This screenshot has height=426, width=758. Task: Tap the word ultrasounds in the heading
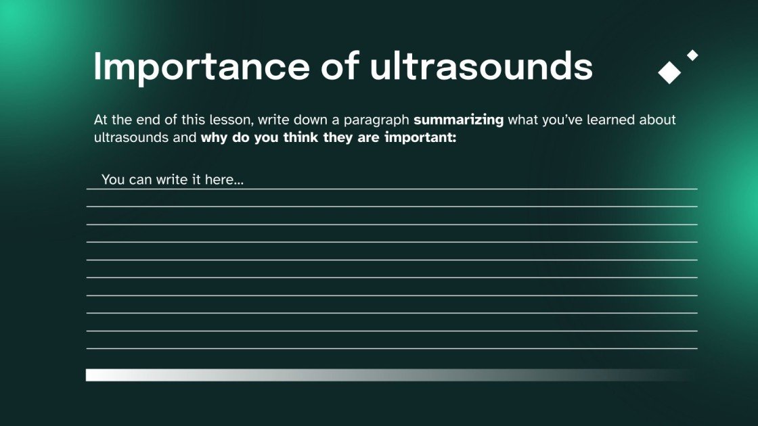(481, 66)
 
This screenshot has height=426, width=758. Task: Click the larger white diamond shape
(669, 72)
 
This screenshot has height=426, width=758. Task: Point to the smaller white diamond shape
(692, 55)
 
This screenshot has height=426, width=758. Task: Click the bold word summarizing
(458, 120)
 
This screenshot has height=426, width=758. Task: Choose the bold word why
(215, 137)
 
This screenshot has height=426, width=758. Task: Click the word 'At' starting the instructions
(101, 120)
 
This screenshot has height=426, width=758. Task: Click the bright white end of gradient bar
(95, 375)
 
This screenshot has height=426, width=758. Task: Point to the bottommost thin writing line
(391, 349)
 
